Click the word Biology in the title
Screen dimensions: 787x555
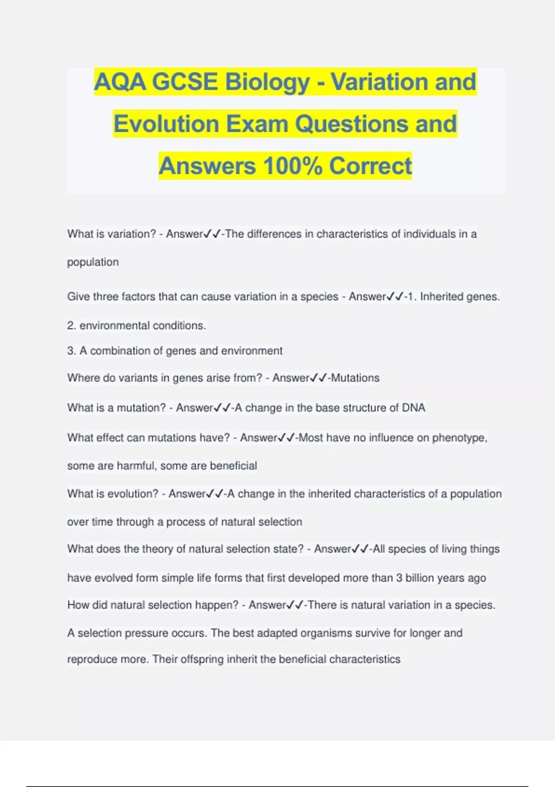pos(267,82)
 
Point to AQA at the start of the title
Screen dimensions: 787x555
pos(120,82)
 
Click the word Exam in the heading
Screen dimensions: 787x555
pos(257,124)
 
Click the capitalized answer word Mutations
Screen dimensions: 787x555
pos(355,378)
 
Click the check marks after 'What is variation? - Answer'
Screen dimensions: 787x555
pos(212,234)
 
